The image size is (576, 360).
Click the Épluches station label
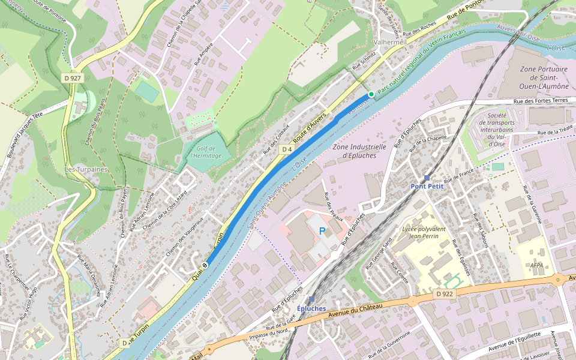(x=311, y=308)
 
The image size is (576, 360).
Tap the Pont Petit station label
(x=427, y=186)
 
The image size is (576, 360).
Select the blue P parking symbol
(x=322, y=231)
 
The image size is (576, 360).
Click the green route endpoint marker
(x=371, y=94)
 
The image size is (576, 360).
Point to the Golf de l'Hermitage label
(x=206, y=152)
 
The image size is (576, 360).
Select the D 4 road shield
(x=286, y=149)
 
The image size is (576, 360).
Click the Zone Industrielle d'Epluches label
(x=359, y=151)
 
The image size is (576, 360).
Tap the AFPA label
(x=536, y=264)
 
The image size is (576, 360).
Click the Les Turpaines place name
(x=86, y=169)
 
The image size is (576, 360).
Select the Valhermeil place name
(x=390, y=42)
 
